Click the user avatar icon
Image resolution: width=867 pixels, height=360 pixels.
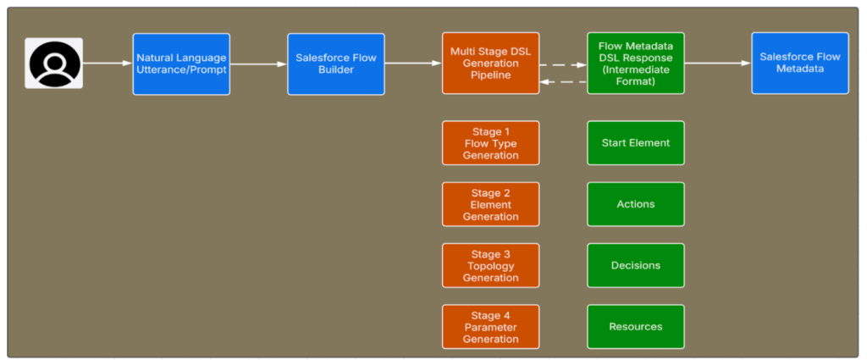(54, 64)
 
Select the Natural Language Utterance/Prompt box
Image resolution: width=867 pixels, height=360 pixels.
(181, 64)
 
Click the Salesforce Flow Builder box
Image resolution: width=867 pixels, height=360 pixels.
(335, 64)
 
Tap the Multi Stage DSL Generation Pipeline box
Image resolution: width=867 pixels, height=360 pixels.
(490, 64)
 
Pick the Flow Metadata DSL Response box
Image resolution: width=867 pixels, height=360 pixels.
(635, 64)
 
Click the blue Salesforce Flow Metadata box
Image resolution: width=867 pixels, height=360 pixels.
(799, 64)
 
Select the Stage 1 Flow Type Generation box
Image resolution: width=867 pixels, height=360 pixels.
(490, 143)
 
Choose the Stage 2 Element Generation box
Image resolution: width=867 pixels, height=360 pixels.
(490, 204)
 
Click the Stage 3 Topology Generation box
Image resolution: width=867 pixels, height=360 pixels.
(490, 265)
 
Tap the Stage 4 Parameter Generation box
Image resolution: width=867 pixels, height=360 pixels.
(490, 327)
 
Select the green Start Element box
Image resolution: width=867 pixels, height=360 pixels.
(635, 143)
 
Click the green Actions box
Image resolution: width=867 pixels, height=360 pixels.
(635, 204)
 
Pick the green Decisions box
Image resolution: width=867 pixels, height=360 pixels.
(635, 265)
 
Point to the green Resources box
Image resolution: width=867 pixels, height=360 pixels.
(635, 327)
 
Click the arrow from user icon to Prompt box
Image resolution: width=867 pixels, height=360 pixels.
(108, 63)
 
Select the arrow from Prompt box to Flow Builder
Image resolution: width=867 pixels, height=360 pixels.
(258, 64)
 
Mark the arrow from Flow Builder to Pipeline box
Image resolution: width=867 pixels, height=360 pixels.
(413, 63)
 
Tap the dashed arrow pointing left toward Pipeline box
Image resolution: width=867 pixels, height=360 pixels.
(563, 81)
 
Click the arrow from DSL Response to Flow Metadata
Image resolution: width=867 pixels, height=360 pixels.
(718, 63)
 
